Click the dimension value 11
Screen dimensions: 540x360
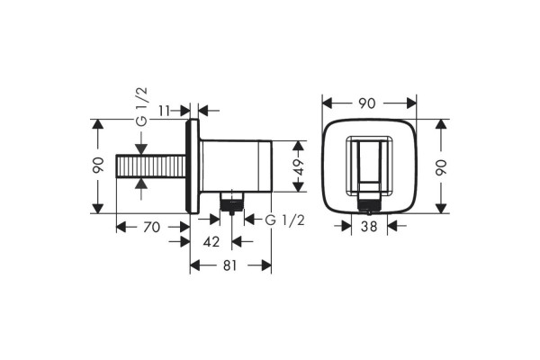pos(165,111)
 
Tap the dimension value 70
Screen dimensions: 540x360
pos(151,228)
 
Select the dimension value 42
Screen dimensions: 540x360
pos(211,242)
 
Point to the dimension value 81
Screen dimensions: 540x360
pos(230,265)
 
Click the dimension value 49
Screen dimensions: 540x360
pos(299,166)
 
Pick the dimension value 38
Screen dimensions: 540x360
pos(369,226)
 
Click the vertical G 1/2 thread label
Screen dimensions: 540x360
pos(141,107)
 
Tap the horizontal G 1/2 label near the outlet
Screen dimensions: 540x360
pos(285,220)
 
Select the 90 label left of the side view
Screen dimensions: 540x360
pos(98,166)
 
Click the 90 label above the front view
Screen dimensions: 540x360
pos(367,103)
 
